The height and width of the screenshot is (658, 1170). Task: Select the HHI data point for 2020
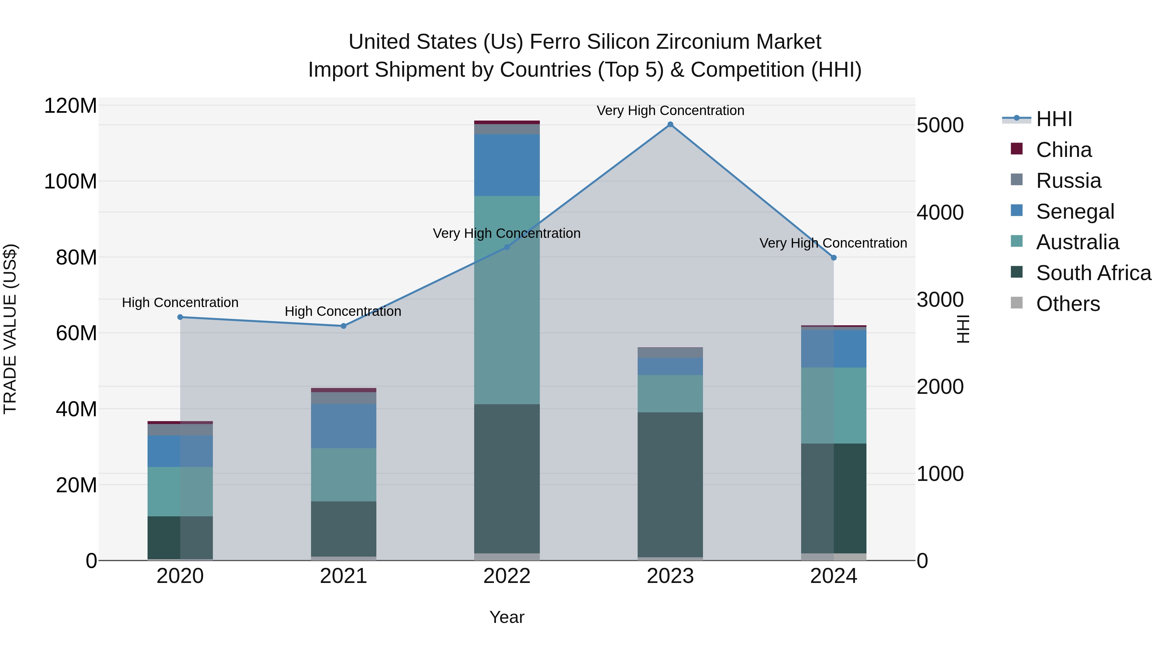[180, 317]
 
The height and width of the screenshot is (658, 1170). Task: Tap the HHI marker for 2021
[344, 326]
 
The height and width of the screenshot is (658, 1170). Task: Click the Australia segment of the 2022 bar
[507, 300]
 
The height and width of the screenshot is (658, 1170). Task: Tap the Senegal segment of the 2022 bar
[507, 165]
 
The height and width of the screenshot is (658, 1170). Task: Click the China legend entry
[1063, 150]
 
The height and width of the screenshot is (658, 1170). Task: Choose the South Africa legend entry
[1093, 273]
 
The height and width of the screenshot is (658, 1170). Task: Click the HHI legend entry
[1054, 119]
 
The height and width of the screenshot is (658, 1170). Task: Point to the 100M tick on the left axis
[71, 182]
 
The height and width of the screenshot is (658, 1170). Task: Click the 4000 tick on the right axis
[940, 213]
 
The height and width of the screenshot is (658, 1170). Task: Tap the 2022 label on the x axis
[507, 576]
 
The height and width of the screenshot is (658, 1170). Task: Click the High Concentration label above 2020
[180, 303]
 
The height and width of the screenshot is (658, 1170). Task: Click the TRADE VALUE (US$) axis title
[10, 329]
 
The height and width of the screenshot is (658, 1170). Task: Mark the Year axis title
[507, 617]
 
